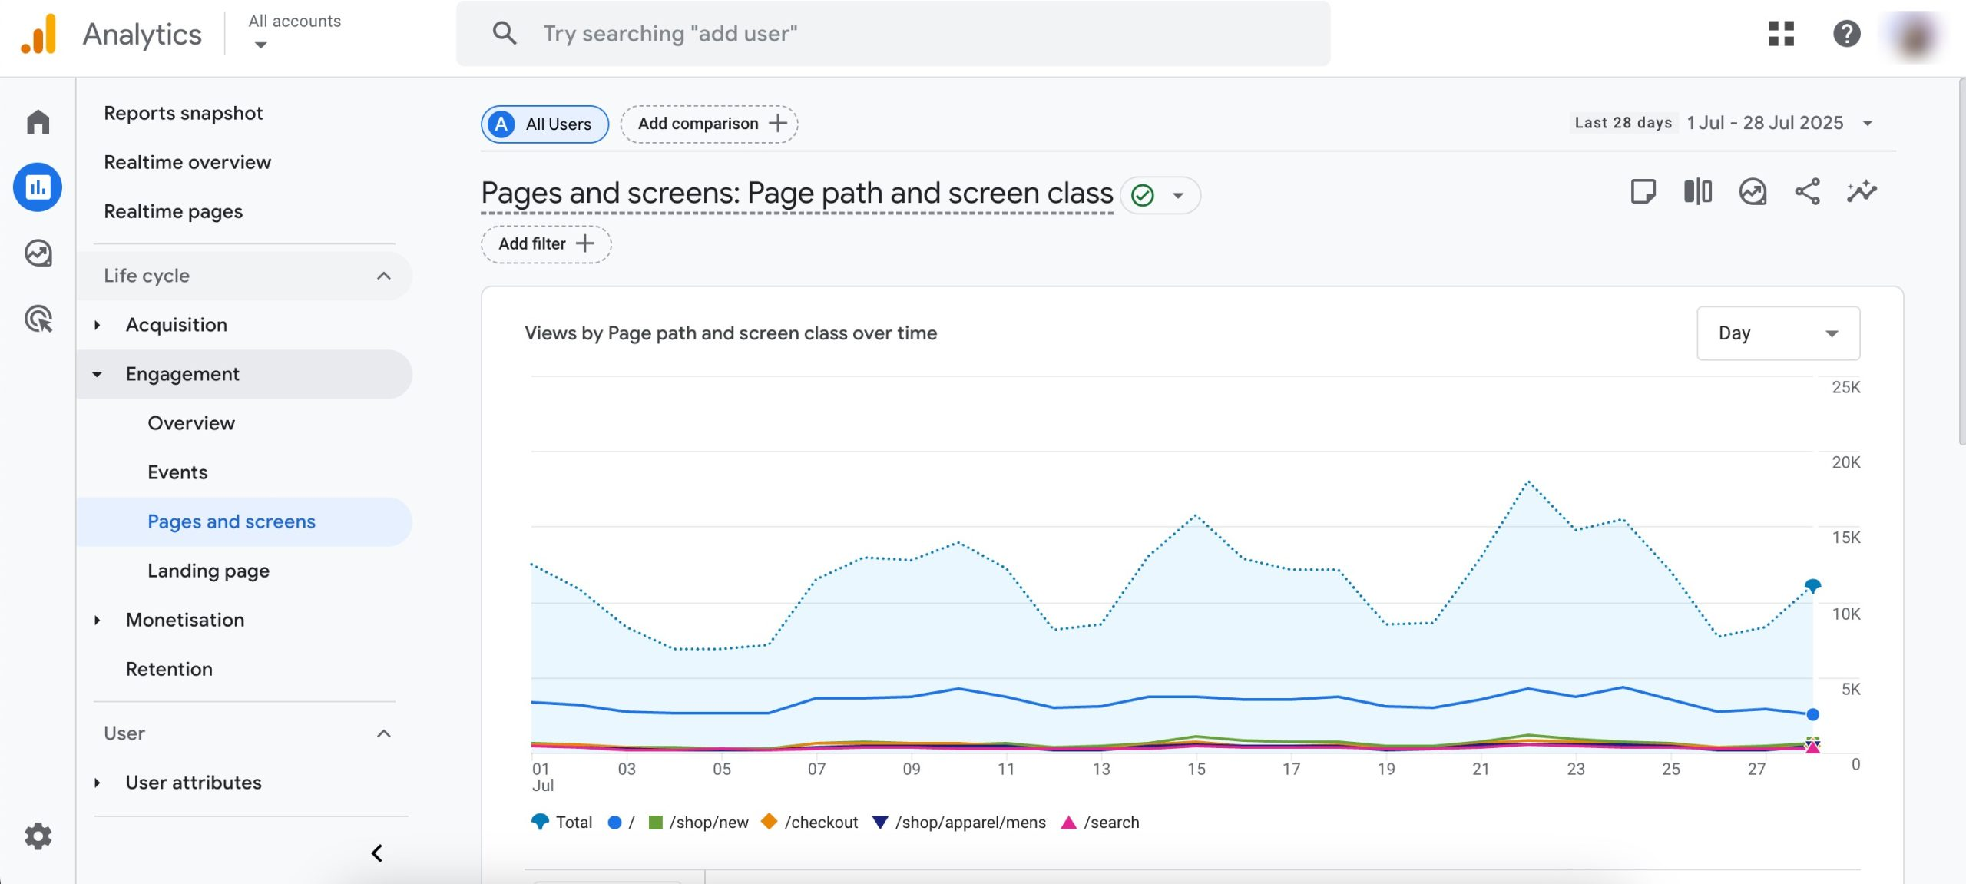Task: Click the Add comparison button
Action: pyautogui.click(x=709, y=124)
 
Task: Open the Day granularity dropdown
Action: pyautogui.click(x=1777, y=333)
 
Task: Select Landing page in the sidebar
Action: pyautogui.click(x=208, y=571)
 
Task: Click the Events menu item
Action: pyautogui.click(x=177, y=472)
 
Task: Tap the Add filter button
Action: pyautogui.click(x=546, y=244)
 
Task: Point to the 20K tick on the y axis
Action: pyautogui.click(x=1845, y=462)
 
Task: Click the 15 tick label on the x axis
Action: pyautogui.click(x=1196, y=769)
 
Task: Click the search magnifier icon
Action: pyautogui.click(x=504, y=33)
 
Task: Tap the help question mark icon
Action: pyautogui.click(x=1846, y=33)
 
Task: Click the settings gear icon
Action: pyautogui.click(x=38, y=836)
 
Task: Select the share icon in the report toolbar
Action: pyautogui.click(x=1807, y=191)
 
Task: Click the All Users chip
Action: pyautogui.click(x=544, y=124)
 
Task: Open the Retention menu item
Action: pyautogui.click(x=169, y=669)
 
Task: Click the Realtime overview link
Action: pyautogui.click(x=187, y=162)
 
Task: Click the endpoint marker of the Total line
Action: pyautogui.click(x=1812, y=586)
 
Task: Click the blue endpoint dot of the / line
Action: pyautogui.click(x=1812, y=714)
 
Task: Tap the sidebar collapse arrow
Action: pyautogui.click(x=377, y=853)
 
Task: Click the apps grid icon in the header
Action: pyautogui.click(x=1781, y=33)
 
